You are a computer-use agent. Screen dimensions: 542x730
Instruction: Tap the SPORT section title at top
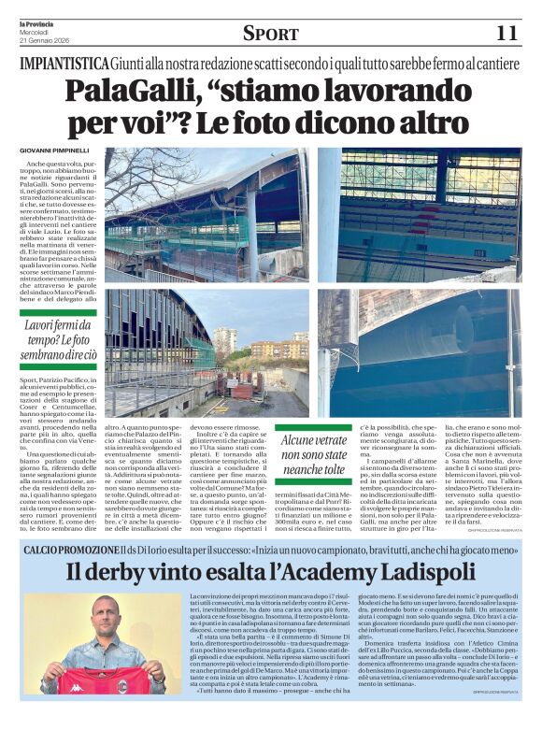(271, 34)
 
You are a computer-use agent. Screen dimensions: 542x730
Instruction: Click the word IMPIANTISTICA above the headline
(63, 64)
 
